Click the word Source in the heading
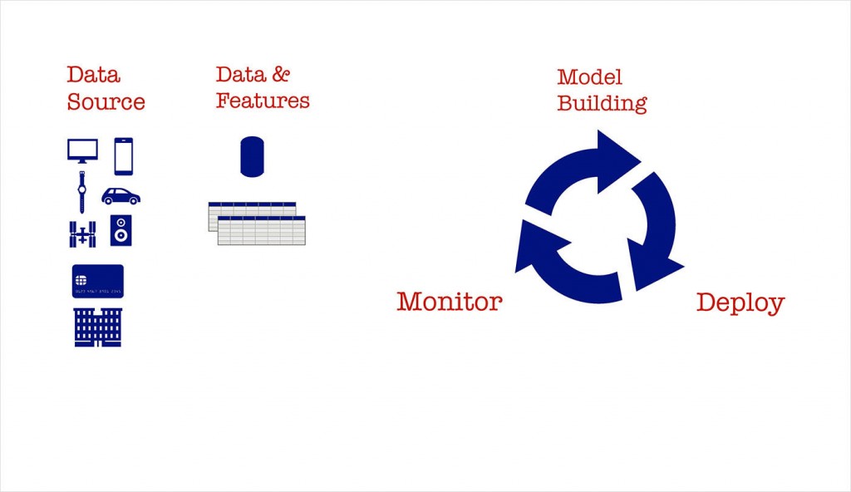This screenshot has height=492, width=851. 106,102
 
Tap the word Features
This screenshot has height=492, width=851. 263,101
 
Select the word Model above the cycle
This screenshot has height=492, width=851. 589,77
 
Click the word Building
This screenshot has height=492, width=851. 602,104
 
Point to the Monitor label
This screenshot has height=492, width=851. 449,301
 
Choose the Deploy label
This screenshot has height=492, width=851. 740,303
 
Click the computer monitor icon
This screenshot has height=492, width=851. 82,150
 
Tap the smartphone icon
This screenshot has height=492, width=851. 123,156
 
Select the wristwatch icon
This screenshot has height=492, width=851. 81,193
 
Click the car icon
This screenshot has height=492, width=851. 121,196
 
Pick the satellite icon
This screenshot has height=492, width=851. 82,233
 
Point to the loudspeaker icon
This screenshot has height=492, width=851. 121,231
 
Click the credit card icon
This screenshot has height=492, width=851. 98,281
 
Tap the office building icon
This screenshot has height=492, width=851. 98,327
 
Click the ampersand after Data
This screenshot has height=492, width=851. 280,74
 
